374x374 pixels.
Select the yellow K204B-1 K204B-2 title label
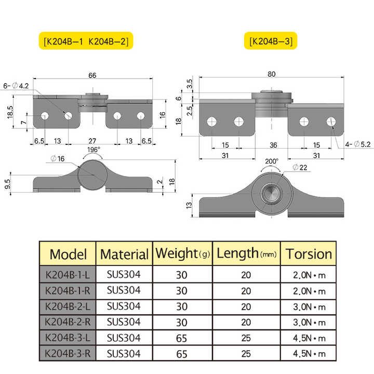point(85,41)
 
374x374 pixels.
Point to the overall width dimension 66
point(92,76)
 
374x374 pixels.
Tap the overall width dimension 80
point(271,74)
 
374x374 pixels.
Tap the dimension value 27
point(92,141)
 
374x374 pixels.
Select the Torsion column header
point(309,253)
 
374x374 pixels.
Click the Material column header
point(124,254)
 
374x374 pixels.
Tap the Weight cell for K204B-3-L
point(181,338)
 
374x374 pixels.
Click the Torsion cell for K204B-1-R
point(309,290)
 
